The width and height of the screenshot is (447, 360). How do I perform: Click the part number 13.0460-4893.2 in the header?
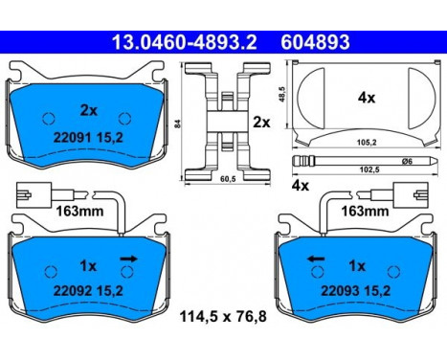click(x=185, y=42)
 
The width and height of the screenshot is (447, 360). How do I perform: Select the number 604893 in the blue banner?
click(x=315, y=42)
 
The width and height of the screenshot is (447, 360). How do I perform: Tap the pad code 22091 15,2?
click(x=88, y=138)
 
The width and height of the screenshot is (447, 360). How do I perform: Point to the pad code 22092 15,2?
click(x=88, y=291)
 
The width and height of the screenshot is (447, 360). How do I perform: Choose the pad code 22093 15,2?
click(x=355, y=291)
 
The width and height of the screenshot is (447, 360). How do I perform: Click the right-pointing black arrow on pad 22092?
click(x=129, y=259)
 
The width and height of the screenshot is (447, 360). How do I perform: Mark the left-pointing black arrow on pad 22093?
click(x=316, y=259)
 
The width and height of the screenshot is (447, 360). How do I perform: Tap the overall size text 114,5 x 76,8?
click(x=223, y=317)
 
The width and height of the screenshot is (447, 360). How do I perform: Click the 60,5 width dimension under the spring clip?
click(x=228, y=179)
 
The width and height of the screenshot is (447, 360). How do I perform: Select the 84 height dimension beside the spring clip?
click(x=178, y=124)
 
